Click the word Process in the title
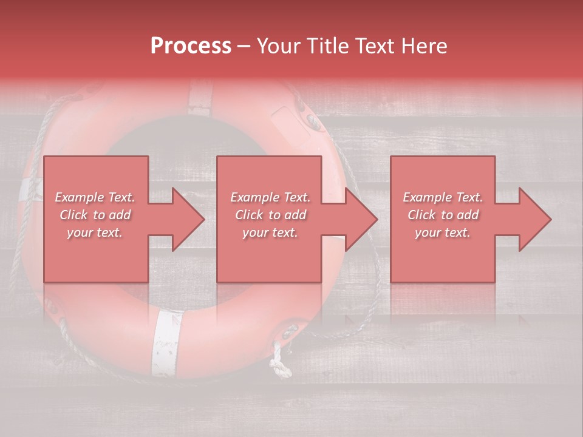(x=191, y=46)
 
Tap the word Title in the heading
(x=328, y=46)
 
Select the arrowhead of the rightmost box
(x=534, y=219)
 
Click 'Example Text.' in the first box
(x=95, y=197)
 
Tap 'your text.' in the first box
(x=95, y=232)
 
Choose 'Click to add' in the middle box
(x=270, y=215)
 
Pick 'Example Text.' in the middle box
(x=270, y=197)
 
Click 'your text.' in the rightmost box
(x=443, y=232)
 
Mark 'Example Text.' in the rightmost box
(x=443, y=197)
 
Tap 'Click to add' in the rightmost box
(x=443, y=215)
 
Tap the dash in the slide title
(x=244, y=47)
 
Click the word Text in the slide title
(x=378, y=46)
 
